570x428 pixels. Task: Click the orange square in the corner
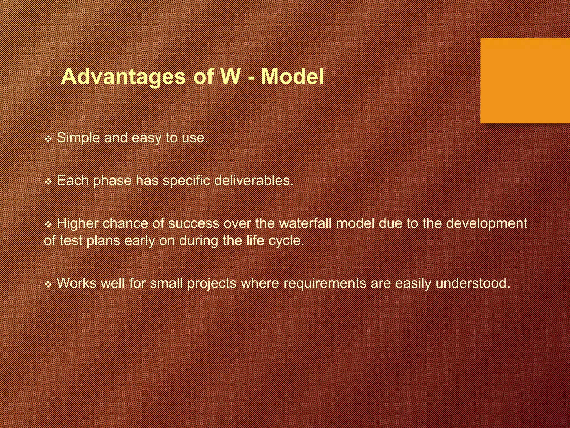[525, 81]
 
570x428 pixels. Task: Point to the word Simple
[78, 138]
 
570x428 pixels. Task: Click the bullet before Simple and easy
[48, 139]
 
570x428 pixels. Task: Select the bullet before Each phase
[48, 182]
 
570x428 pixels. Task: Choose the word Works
[77, 283]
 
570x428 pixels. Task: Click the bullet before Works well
[48, 284]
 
